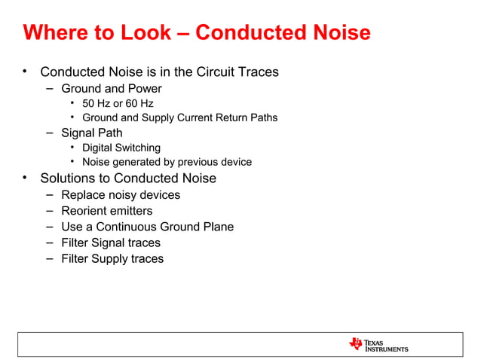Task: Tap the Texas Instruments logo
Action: pos(378,344)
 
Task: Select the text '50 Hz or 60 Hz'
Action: pos(118,103)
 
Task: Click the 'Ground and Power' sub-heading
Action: pos(112,88)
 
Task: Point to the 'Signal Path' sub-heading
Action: pos(92,133)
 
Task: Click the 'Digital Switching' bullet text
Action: pos(121,148)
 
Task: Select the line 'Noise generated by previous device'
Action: pos(167,162)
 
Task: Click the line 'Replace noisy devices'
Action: pos(121,195)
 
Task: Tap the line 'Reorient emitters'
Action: pos(106,211)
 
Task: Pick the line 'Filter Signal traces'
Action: pos(111,243)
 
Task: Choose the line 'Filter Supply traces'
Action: pos(112,258)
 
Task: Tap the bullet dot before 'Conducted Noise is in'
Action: pos(25,72)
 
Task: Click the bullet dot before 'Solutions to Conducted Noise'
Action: pos(25,178)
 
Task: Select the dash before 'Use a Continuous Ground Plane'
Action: pos(48,227)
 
